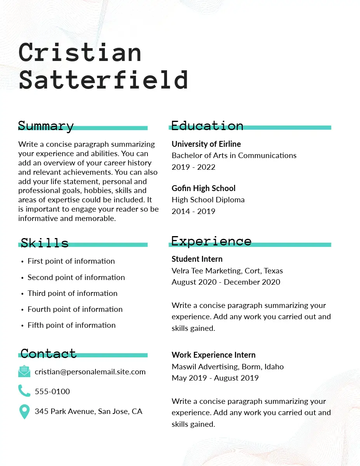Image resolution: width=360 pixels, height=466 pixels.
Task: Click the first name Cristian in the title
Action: point(80,52)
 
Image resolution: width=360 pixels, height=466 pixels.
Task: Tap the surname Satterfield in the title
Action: point(104,80)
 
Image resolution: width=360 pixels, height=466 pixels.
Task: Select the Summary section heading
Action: point(46,126)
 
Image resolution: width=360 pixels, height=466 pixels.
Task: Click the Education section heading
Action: point(207,125)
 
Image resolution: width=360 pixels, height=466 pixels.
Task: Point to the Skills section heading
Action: point(45,243)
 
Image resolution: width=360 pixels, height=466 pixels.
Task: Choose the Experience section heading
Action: point(211,241)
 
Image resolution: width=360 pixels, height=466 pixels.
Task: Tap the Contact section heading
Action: point(49,353)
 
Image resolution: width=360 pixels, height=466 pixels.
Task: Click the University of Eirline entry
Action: point(206,144)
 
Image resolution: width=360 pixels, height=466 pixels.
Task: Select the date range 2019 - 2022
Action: point(193,167)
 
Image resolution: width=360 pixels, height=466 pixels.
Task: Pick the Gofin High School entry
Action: point(203,188)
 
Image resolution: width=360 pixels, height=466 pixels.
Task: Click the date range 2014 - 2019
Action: point(193,211)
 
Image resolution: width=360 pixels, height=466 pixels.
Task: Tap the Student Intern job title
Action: point(197,259)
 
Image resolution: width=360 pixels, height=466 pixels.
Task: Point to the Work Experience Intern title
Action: point(214,355)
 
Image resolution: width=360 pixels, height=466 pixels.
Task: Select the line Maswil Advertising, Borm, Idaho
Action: point(228,367)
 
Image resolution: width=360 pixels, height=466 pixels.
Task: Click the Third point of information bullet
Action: point(72,293)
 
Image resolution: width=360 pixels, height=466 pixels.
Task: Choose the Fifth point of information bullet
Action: point(71,325)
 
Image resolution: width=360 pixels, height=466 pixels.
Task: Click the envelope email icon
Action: point(24,372)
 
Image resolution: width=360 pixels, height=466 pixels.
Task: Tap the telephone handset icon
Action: point(24,391)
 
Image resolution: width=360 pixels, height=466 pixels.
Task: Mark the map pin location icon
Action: point(24,412)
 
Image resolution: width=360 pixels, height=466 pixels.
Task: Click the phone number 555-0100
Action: point(52,391)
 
